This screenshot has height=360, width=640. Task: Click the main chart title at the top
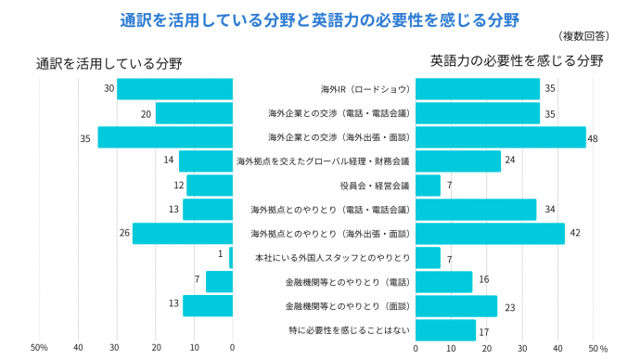click(x=319, y=19)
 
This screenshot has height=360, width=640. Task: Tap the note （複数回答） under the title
click(x=584, y=36)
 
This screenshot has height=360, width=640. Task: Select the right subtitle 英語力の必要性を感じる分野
click(x=517, y=61)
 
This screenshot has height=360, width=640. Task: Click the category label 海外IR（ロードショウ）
click(x=365, y=89)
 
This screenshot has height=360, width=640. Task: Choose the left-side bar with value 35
click(x=165, y=137)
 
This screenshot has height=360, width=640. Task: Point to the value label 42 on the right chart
click(x=574, y=234)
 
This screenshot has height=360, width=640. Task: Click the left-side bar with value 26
click(x=183, y=234)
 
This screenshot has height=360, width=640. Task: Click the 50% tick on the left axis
click(x=39, y=348)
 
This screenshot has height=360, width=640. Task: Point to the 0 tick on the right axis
click(x=416, y=348)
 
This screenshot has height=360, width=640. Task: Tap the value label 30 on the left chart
click(x=109, y=89)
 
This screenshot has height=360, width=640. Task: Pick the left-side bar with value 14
click(x=206, y=161)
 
